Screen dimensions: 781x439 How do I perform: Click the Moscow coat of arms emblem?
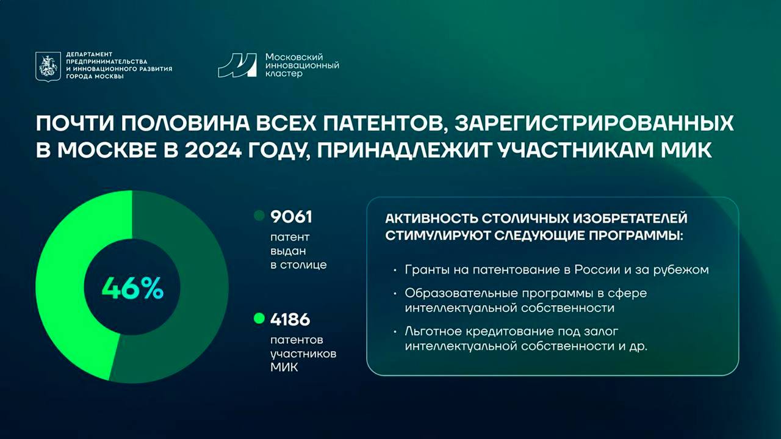(48, 67)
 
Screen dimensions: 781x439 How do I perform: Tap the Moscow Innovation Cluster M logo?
(237, 65)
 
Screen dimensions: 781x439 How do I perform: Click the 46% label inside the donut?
(132, 288)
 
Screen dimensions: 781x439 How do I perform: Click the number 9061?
(291, 217)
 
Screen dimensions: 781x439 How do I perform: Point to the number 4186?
(290, 319)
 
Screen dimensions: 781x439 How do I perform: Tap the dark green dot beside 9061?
(259, 216)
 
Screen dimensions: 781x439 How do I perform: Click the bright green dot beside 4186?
(259, 318)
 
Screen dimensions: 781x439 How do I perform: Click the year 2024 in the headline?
(213, 150)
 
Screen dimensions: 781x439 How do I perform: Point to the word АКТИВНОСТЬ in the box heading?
(431, 219)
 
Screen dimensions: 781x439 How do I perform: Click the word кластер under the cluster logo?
(284, 74)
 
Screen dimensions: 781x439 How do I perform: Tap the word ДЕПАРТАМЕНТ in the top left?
(89, 54)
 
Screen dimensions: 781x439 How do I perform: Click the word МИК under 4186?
(284, 368)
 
